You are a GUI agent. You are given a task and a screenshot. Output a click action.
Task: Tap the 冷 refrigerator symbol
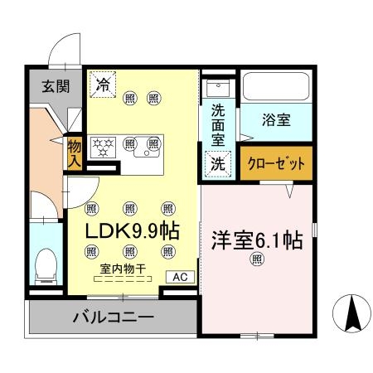(x=104, y=83)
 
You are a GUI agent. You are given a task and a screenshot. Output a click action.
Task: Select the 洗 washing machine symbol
(x=217, y=164)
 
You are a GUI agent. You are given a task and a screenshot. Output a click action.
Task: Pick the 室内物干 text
(x=123, y=269)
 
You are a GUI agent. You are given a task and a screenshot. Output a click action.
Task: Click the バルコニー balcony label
(x=112, y=317)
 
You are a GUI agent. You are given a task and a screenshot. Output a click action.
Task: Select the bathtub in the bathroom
(x=274, y=87)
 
